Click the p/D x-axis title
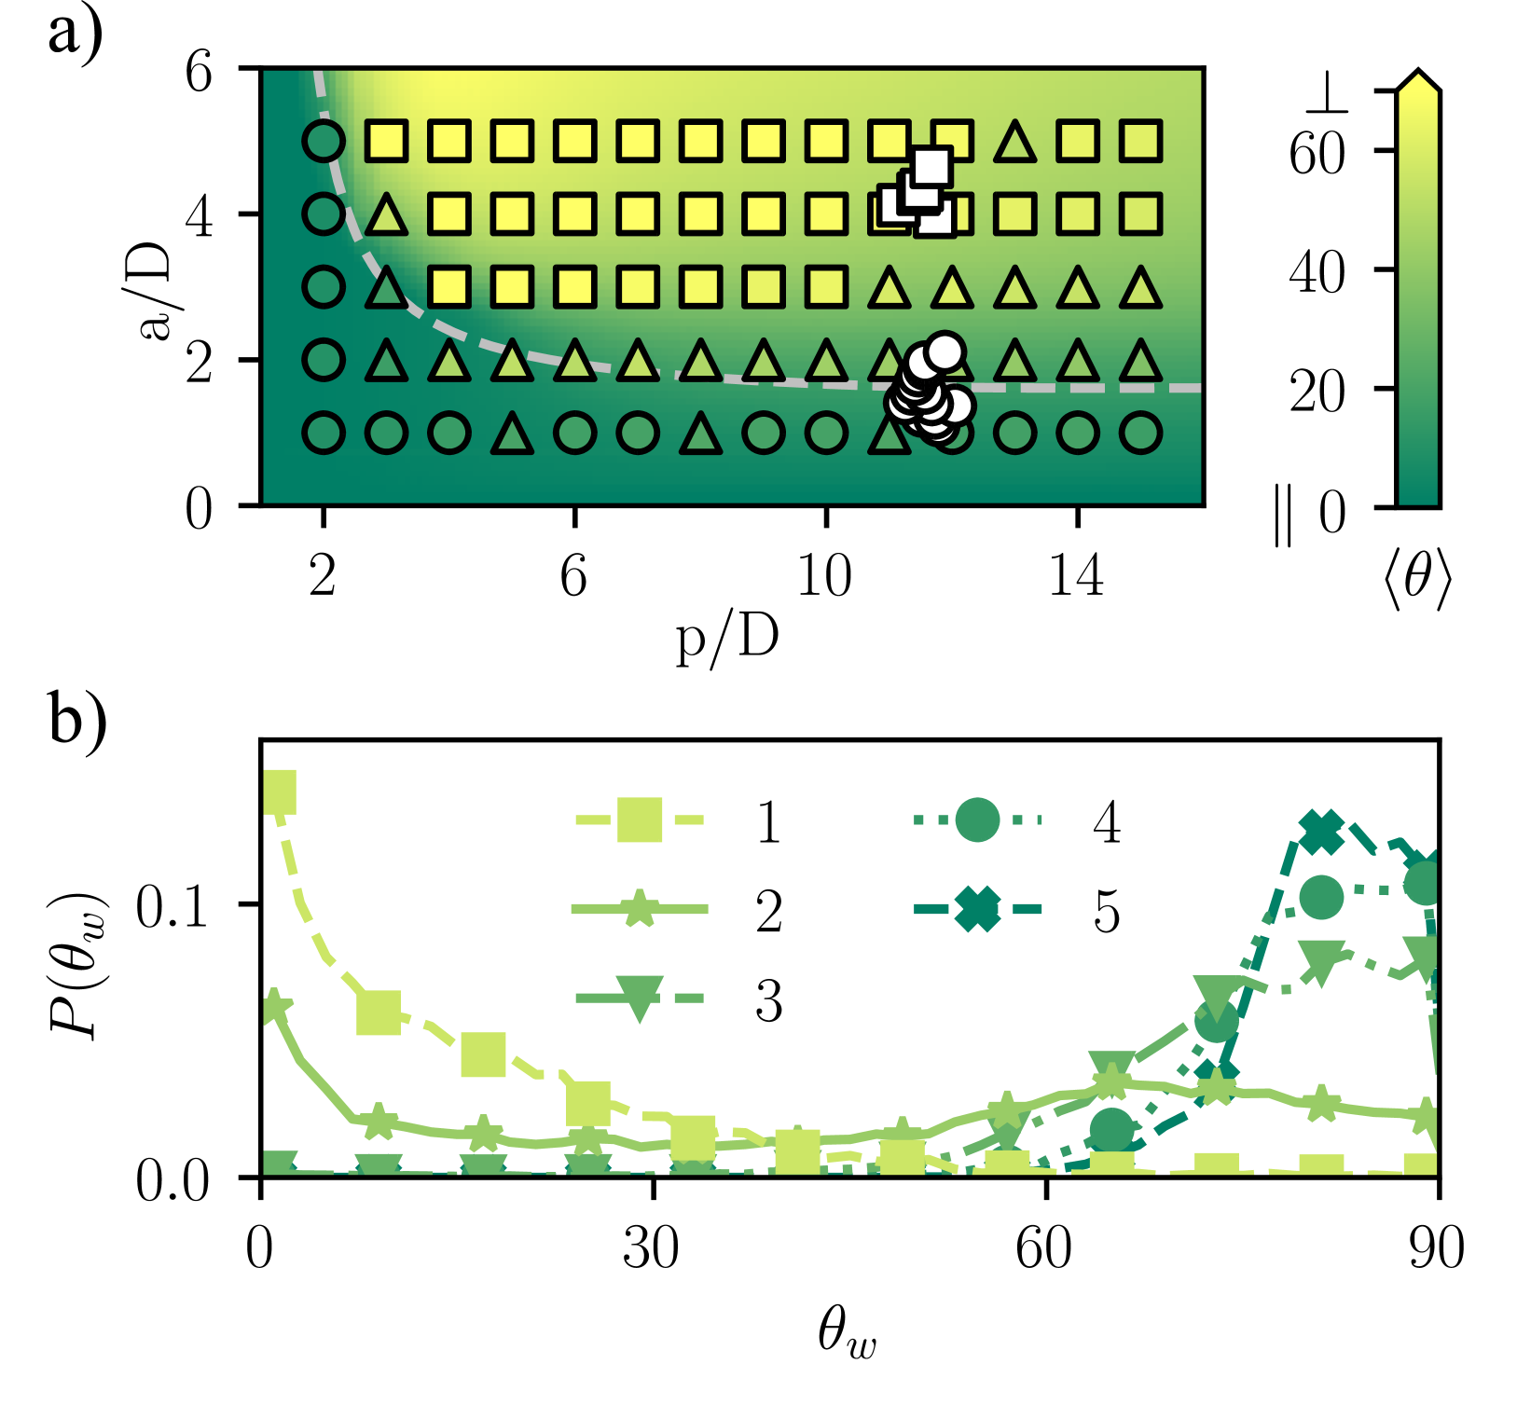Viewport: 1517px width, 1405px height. [x=726, y=641]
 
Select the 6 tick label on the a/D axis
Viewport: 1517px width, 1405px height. [x=199, y=71]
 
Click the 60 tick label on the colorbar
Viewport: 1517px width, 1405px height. [x=1317, y=151]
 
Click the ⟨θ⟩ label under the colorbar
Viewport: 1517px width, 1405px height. [x=1416, y=580]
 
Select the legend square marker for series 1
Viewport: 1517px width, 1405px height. [x=640, y=820]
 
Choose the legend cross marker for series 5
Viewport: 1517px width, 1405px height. [x=976, y=909]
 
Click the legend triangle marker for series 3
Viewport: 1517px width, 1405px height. [x=640, y=999]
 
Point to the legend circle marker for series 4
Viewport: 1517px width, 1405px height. [x=976, y=820]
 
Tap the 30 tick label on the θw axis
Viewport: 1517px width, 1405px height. [x=651, y=1248]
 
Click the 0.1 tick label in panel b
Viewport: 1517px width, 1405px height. [x=173, y=906]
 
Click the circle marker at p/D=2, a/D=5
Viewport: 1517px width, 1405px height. [x=324, y=142]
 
